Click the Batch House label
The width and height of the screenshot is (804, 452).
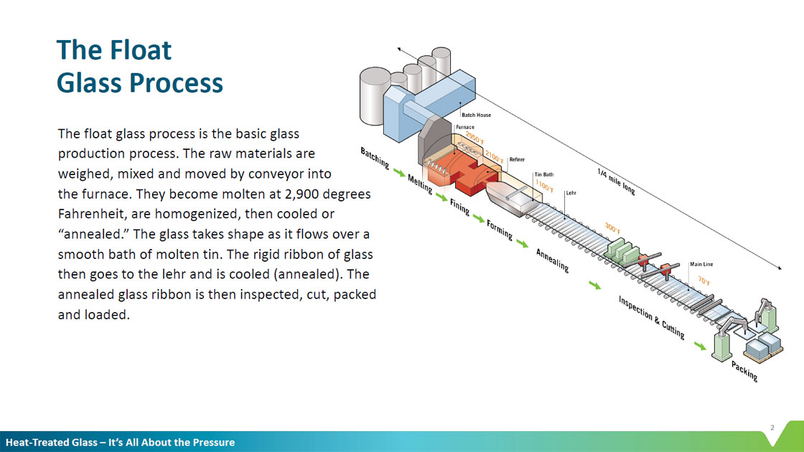pos(477,115)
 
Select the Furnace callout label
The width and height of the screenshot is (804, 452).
pos(464,127)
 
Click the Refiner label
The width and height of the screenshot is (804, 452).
pos(517,159)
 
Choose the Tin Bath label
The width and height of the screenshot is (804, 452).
pos(543,174)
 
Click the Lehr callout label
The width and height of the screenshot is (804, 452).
pos(571,193)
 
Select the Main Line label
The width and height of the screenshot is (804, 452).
pos(701,264)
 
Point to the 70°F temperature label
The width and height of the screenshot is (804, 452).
pos(704,281)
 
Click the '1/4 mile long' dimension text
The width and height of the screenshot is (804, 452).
pos(616,182)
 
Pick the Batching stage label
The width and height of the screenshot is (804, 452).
pos(375,159)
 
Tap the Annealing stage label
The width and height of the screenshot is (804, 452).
pos(552,260)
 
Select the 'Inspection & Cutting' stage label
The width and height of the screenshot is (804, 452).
pos(652,316)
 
